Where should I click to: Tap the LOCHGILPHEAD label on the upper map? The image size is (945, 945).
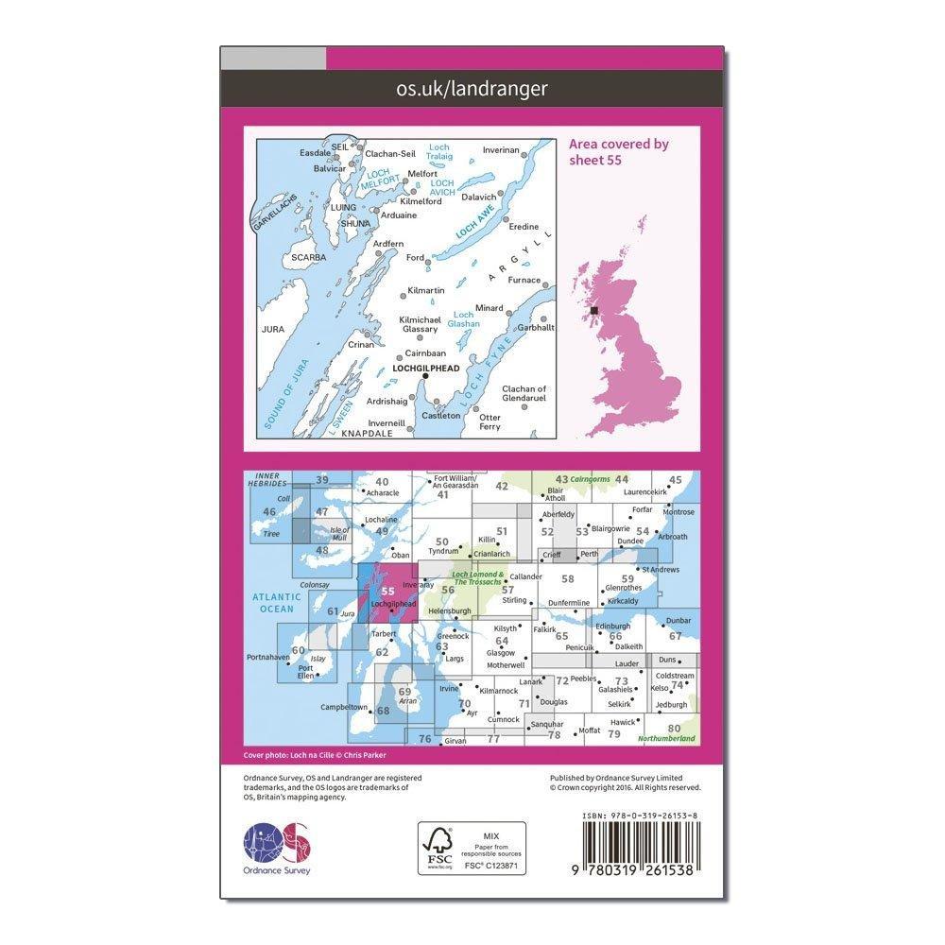(x=426, y=368)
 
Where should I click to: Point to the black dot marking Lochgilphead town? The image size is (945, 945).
(x=425, y=377)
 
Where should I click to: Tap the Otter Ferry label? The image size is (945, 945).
(x=490, y=422)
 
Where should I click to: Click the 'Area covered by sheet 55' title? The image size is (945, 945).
(x=619, y=151)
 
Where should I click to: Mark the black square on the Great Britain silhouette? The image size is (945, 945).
(x=594, y=310)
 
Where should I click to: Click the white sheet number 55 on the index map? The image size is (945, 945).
(x=388, y=592)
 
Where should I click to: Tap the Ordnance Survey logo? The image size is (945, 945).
(x=277, y=845)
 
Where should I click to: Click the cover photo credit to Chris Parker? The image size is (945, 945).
(x=315, y=755)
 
